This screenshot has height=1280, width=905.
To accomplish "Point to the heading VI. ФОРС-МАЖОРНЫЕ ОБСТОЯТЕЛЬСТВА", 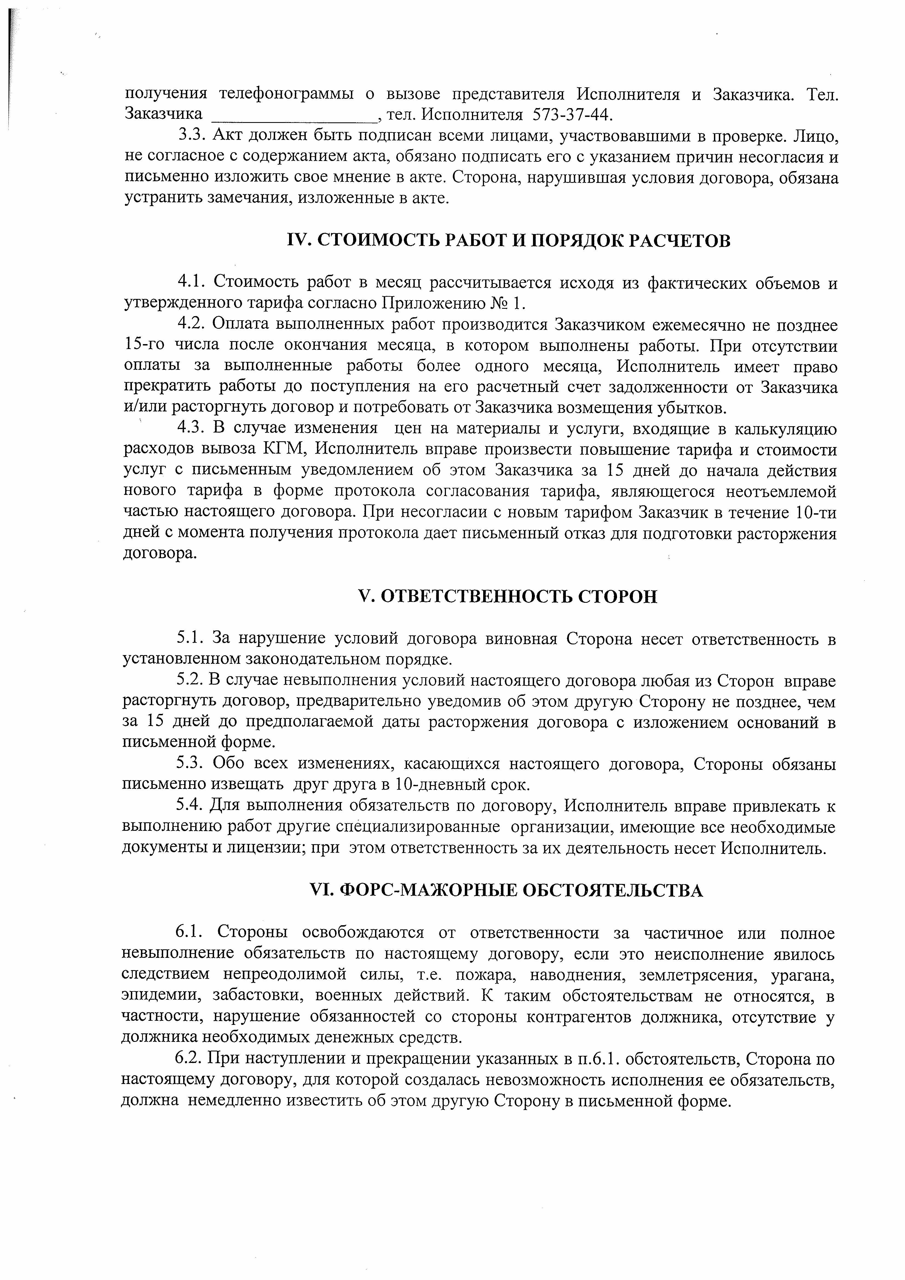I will point(506,890).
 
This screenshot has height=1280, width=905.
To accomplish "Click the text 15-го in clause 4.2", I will point(145,346).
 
